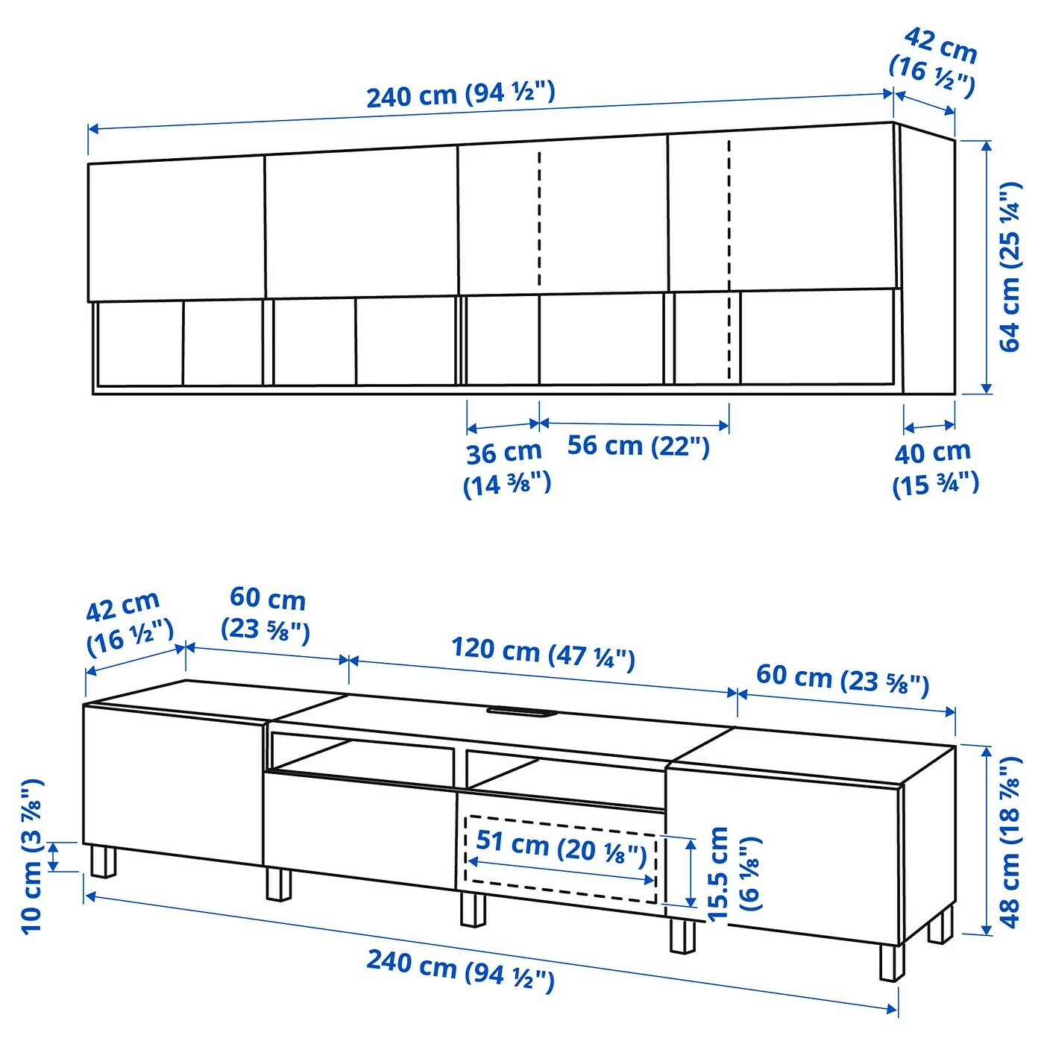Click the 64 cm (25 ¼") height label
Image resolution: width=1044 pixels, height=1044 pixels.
(1010, 266)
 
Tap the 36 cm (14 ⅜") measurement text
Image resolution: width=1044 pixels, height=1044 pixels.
(506, 468)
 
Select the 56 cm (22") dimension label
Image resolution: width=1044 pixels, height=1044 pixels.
(638, 446)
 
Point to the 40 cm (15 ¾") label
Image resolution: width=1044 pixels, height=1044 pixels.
(935, 468)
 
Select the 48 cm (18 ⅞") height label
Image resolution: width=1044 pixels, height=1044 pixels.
(1010, 843)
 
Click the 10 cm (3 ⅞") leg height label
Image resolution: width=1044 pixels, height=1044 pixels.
(32, 858)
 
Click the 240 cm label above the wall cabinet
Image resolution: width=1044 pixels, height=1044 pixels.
(460, 95)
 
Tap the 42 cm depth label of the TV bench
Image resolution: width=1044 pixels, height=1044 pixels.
(128, 623)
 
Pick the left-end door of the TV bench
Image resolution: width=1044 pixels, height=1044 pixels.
(172, 783)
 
